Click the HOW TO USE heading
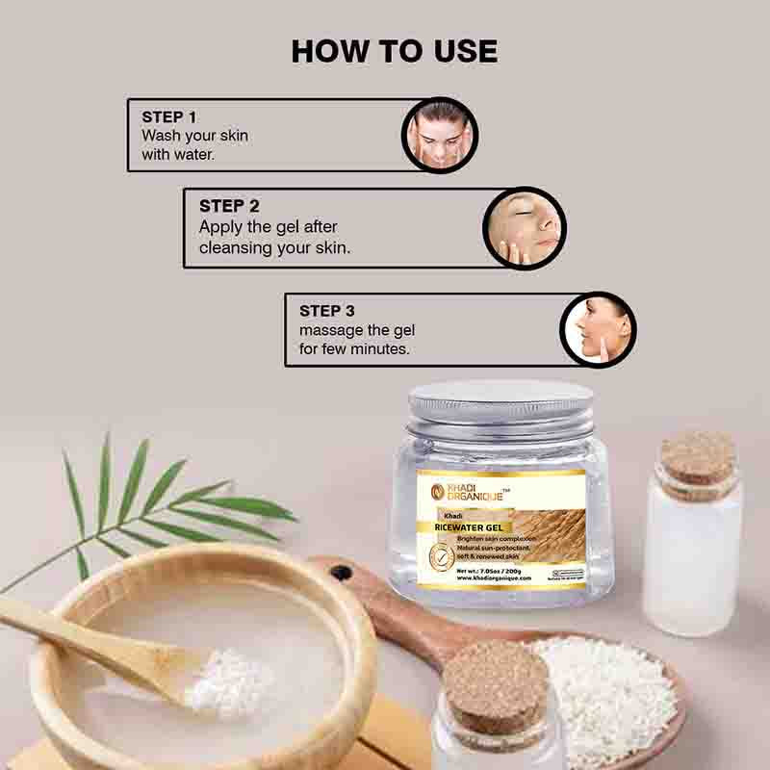395,51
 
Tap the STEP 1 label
169,117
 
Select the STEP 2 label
229,206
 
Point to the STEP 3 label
327,311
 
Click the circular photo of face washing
439,135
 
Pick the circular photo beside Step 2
524,228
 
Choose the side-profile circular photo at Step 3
598,329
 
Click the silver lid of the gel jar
500,403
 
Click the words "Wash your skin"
194,136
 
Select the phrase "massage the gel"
357,330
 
